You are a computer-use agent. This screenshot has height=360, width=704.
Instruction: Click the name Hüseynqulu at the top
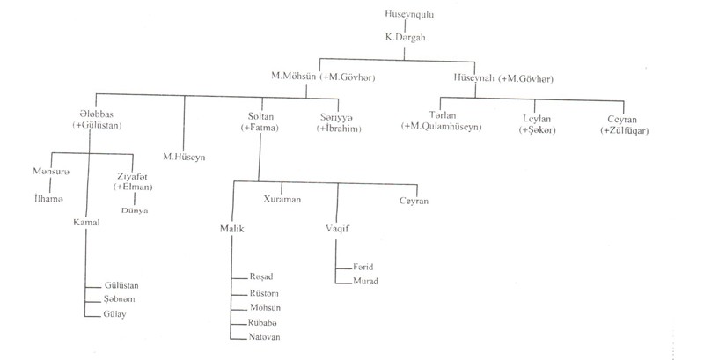point(406,15)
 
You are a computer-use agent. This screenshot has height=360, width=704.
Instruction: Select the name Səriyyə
point(338,116)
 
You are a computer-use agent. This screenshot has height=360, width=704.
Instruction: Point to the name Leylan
point(538,116)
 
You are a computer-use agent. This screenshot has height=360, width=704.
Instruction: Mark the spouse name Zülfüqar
point(627,129)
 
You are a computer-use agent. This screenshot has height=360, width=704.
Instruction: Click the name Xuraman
point(282,200)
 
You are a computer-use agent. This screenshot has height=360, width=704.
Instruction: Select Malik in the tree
point(231,229)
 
